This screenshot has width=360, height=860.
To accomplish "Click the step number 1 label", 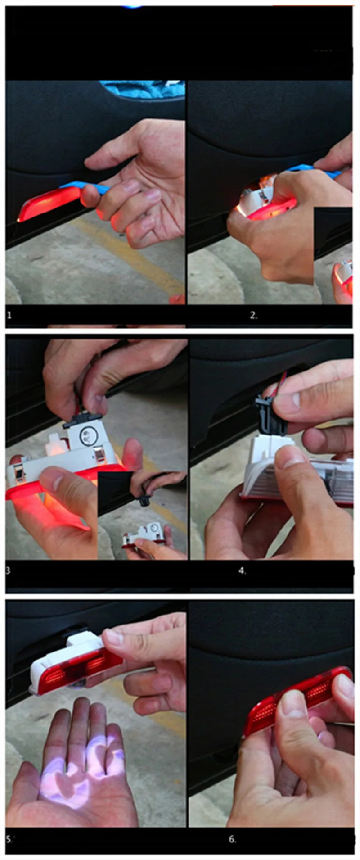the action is coord(9,315).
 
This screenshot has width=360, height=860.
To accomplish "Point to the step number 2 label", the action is coord(253,316).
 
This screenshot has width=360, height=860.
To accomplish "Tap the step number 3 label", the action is coord(8,570).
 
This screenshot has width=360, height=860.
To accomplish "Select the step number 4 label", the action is coord(242,571).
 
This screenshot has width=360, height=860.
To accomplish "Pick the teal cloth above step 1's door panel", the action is coord(142,89).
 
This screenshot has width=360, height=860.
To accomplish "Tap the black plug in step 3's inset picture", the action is coord(144,499).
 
